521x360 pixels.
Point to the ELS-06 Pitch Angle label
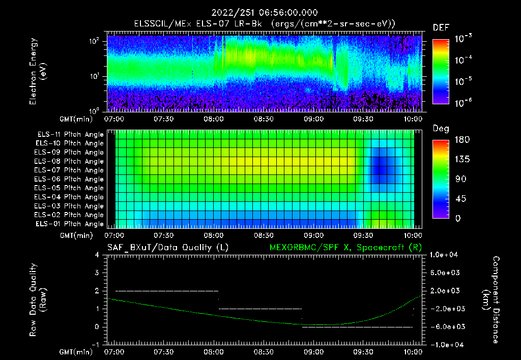coord(69,179)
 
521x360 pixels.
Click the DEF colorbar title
coord(441,27)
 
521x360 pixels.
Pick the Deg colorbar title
coord(441,129)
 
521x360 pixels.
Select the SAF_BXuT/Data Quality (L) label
coord(167,247)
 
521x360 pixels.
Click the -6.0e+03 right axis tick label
coord(446,326)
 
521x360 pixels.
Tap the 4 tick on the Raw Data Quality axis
coord(97,255)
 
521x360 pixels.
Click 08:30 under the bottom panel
coord(264,351)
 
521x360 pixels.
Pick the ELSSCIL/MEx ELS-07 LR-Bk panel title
coord(264,23)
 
